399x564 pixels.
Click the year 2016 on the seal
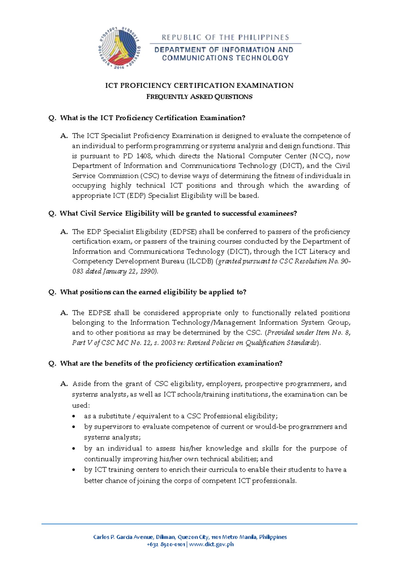click(119, 68)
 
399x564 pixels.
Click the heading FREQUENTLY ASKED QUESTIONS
click(199, 97)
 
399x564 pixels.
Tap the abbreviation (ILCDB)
click(199, 261)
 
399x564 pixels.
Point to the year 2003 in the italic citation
click(168, 343)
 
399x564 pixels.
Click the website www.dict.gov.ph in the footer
click(211, 544)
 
